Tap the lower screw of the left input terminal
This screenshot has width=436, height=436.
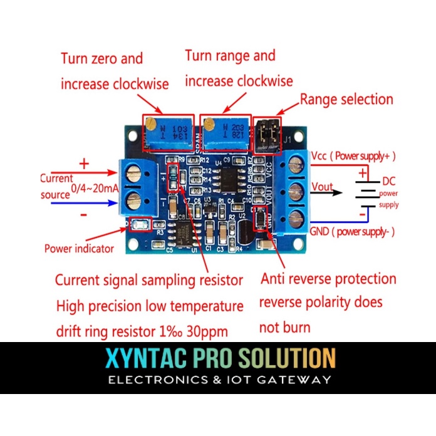(x=133, y=201)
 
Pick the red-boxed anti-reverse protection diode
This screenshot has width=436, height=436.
(x=259, y=219)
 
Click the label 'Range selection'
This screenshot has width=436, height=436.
(x=346, y=100)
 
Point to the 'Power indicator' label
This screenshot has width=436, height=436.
(x=79, y=248)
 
